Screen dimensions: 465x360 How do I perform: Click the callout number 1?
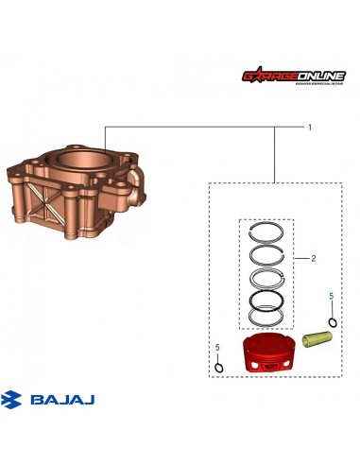tap(309, 126)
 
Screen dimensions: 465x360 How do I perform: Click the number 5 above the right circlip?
tap(331, 297)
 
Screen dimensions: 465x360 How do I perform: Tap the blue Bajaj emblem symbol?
tap(15, 401)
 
